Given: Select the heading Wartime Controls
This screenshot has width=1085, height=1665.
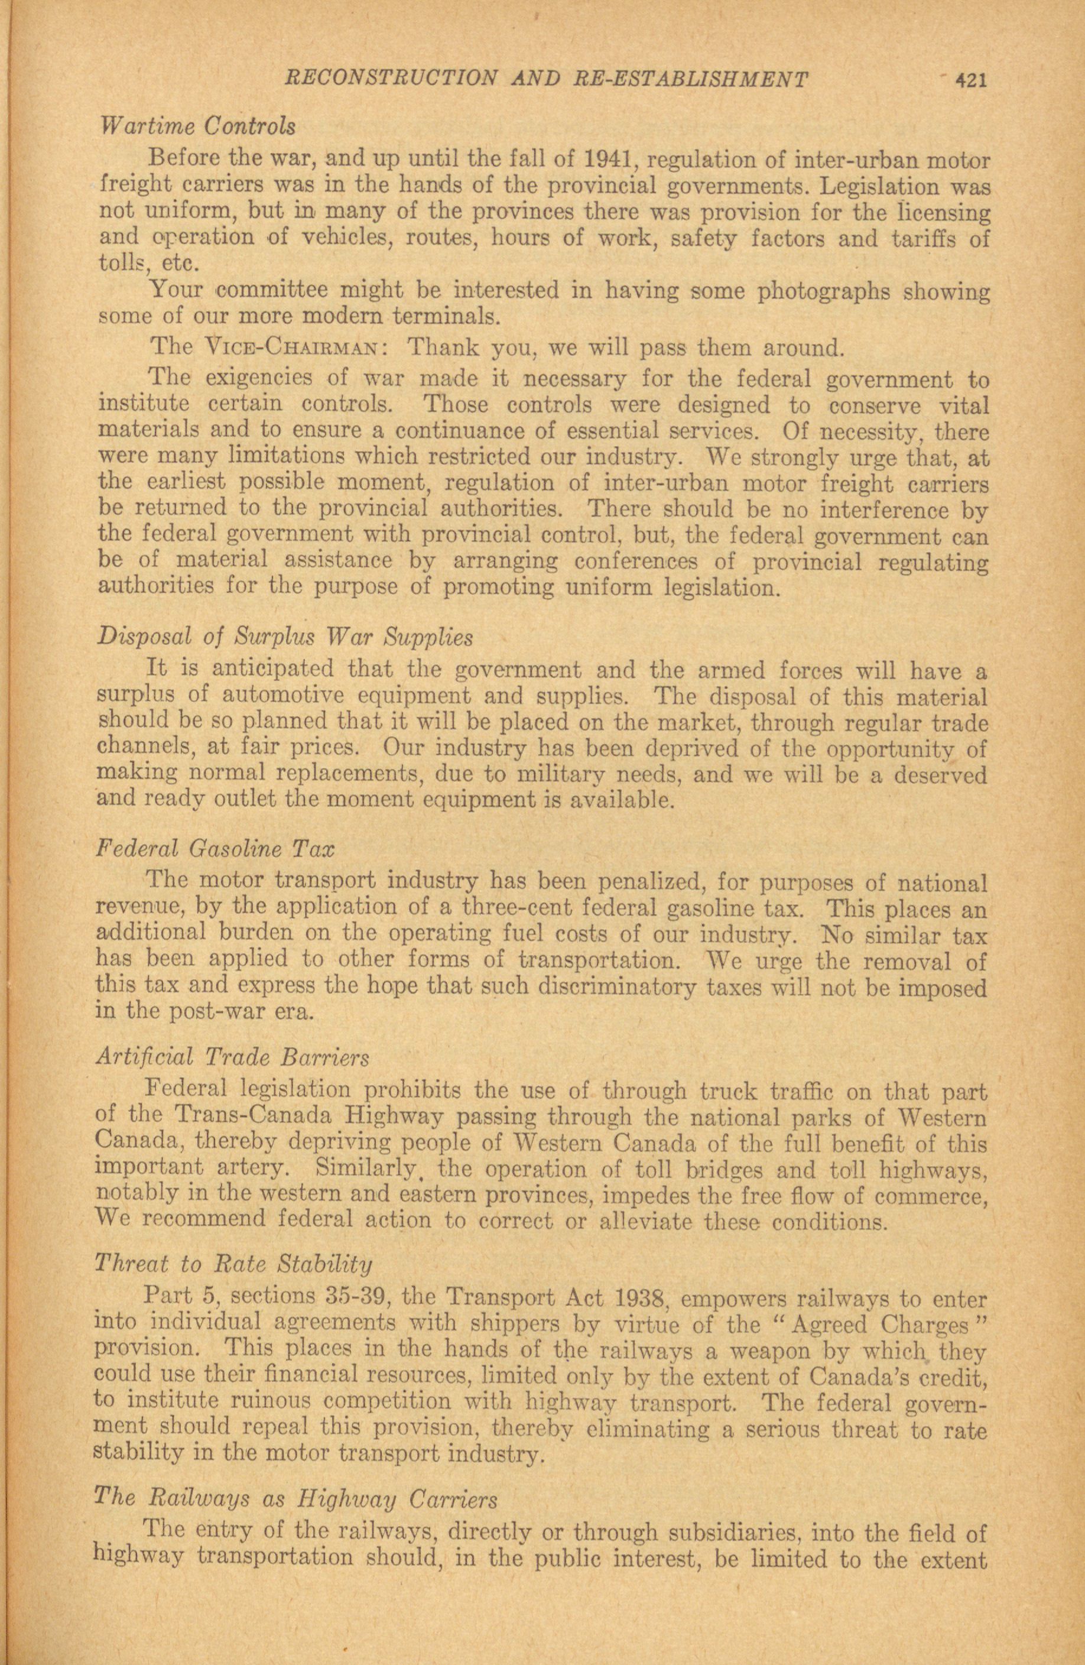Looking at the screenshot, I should point(198,126).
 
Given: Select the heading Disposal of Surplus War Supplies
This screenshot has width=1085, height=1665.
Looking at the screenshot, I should point(285,638).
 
